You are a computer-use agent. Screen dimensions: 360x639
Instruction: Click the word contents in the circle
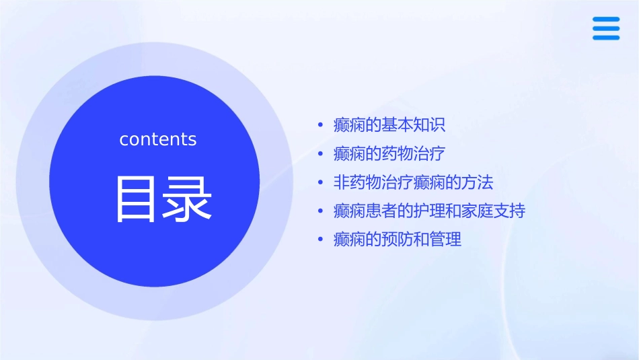click(158, 139)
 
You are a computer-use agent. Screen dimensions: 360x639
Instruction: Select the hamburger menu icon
click(606, 28)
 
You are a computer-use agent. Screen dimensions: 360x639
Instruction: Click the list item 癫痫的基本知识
click(389, 125)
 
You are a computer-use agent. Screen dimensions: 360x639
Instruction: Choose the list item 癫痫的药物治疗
click(389, 153)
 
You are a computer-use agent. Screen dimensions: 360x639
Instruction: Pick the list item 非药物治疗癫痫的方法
click(413, 182)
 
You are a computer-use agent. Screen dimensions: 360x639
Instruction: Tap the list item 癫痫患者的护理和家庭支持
click(429, 211)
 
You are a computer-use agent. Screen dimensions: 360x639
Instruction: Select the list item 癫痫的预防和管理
click(398, 240)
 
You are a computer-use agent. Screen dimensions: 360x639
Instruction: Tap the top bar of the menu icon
click(606, 20)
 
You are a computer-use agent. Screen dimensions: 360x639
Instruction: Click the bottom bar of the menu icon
click(606, 37)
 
